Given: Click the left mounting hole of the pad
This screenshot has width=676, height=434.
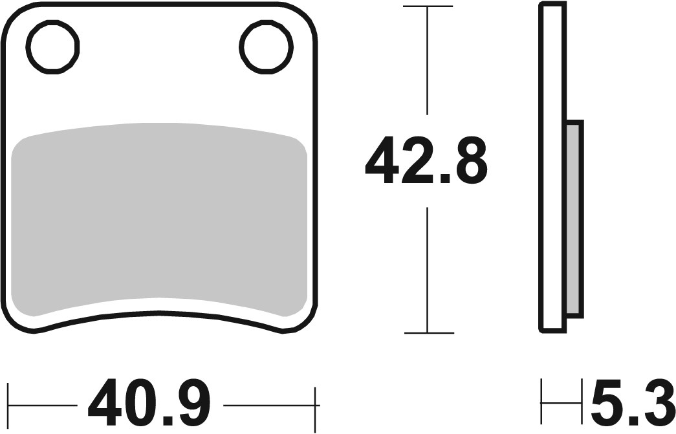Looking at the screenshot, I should click(x=52, y=46).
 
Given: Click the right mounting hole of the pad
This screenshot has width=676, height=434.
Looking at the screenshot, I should click(x=266, y=46).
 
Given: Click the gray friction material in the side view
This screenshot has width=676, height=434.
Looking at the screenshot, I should click(x=574, y=219).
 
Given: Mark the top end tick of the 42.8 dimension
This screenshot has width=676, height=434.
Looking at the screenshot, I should click(x=428, y=6).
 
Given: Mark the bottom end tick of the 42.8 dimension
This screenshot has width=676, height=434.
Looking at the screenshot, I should click(x=428, y=333).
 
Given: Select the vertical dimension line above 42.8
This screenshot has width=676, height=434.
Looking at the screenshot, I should click(x=428, y=61).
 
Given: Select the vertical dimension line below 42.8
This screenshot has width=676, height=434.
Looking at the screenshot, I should click(x=428, y=268).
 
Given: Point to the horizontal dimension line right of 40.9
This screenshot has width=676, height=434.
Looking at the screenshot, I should click(x=268, y=406).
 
